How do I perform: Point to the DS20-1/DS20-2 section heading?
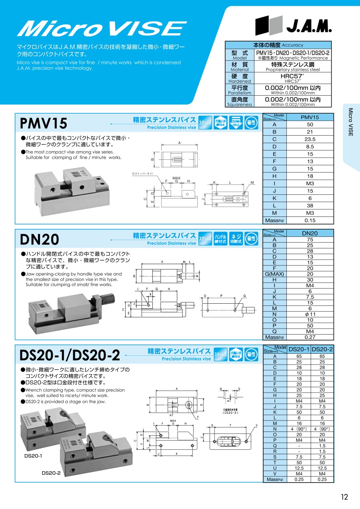pyautogui.click(x=70, y=355)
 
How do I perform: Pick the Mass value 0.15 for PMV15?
pyautogui.click(x=310, y=220)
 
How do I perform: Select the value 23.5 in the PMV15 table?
pyautogui.click(x=310, y=139)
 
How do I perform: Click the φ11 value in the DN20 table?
pyautogui.click(x=310, y=314)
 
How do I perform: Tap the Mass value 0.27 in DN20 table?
pyautogui.click(x=310, y=337)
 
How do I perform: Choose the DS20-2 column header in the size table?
pyautogui.click(x=322, y=349)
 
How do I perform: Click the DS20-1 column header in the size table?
pyautogui.click(x=299, y=349)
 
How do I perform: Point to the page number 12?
pyautogui.click(x=344, y=497)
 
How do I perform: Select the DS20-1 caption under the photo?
pyautogui.click(x=33, y=456)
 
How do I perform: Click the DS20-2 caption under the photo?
pyautogui.click(x=51, y=473)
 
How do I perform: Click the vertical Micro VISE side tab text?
pyautogui.click(x=350, y=122)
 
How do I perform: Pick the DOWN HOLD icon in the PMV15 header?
pyautogui.click(x=236, y=123)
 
